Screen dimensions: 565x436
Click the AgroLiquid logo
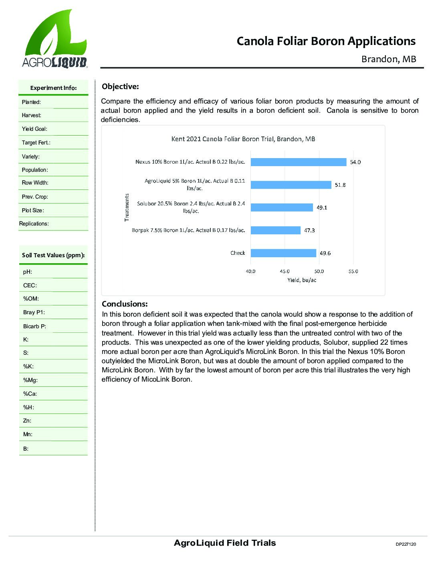54,39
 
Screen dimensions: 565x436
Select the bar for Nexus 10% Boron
298,162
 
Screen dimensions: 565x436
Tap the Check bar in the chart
283,253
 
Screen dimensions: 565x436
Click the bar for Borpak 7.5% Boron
275,230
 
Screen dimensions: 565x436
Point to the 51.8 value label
340,185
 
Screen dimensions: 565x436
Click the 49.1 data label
322,208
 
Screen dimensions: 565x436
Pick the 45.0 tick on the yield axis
285,271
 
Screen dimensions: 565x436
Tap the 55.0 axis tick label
353,271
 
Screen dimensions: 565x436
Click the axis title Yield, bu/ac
301,280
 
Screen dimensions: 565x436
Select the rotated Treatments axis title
127,207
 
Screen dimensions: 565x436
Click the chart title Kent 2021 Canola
243,139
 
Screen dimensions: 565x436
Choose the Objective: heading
120,86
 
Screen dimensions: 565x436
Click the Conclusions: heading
125,304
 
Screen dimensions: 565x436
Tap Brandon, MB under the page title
389,59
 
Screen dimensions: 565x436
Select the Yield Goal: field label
34,129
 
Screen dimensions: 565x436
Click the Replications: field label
34,224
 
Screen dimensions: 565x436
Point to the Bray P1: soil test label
34,312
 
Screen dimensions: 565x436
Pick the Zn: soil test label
27,421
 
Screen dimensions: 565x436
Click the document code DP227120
406,544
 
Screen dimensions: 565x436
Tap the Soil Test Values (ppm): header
53,255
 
